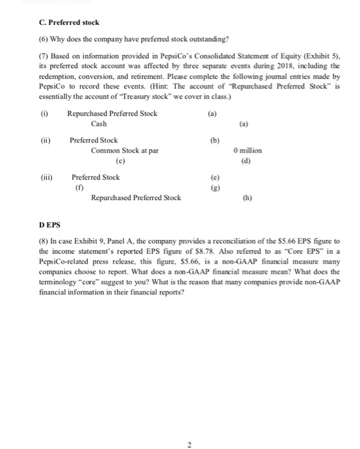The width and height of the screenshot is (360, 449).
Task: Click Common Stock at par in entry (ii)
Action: [125, 151]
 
